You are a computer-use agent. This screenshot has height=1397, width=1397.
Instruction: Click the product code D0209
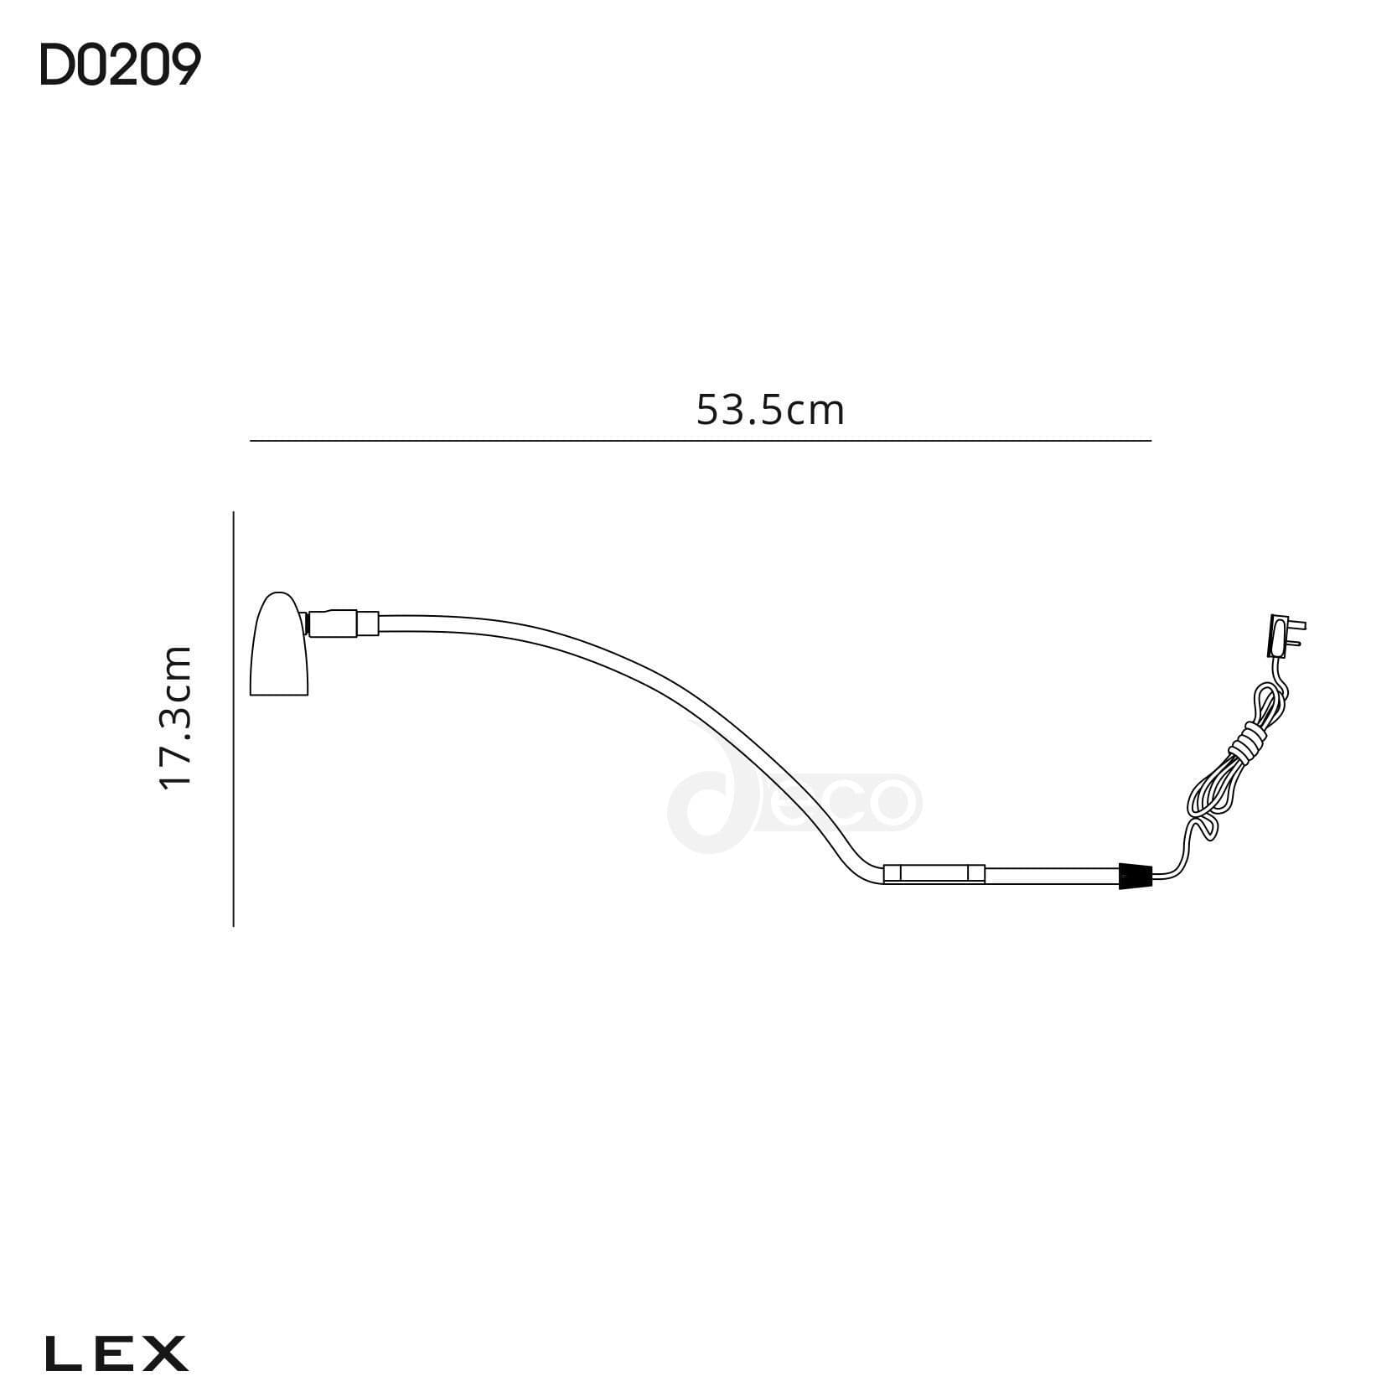click(x=120, y=66)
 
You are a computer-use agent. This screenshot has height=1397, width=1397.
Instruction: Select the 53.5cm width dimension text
click(x=770, y=411)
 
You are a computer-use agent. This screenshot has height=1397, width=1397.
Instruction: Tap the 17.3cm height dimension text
click(x=177, y=717)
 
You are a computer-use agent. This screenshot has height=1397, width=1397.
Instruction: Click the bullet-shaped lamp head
click(x=279, y=646)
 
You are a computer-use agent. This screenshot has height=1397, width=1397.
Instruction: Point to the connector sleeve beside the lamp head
click(x=344, y=624)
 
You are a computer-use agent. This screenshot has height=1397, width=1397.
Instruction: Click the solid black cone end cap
click(x=1136, y=876)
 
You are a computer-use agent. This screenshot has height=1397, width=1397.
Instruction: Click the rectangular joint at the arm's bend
click(x=934, y=874)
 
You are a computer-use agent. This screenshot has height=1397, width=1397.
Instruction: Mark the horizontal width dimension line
click(x=700, y=440)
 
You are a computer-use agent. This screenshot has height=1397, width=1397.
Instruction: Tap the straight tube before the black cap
click(x=1052, y=876)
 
